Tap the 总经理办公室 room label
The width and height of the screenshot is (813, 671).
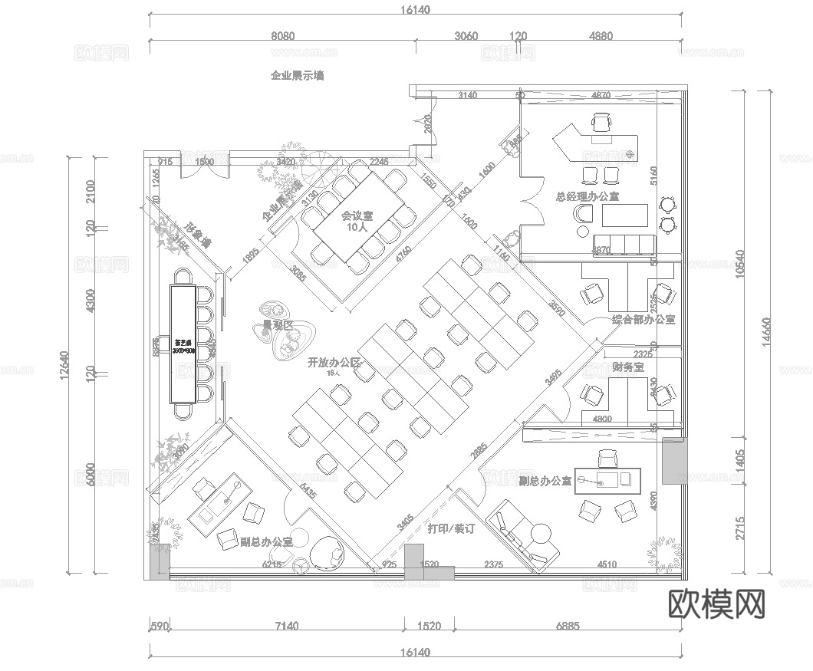(588, 197)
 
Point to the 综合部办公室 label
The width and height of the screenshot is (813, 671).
(643, 319)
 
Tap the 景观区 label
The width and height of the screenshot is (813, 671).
(278, 325)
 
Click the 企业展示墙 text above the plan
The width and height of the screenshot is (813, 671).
(297, 75)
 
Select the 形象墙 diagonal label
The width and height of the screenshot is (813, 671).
(197, 234)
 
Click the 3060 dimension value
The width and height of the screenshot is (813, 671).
(466, 36)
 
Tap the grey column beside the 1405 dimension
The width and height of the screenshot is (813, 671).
(676, 461)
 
